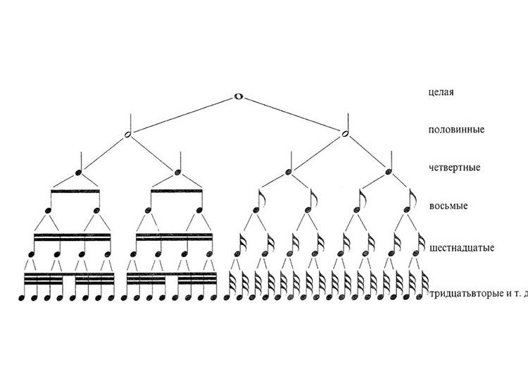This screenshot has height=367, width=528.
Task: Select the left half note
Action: [x=127, y=134]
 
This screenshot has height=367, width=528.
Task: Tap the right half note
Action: [x=345, y=134]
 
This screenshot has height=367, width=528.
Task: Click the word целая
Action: [x=440, y=92]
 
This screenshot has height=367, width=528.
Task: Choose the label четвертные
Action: [x=453, y=168]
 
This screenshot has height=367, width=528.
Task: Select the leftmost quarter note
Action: [x=79, y=172]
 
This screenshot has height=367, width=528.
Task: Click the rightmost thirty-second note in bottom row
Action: [x=425, y=297]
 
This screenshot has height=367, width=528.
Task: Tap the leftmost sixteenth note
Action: [x=32, y=254]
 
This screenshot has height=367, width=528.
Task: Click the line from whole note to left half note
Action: [x=183, y=115]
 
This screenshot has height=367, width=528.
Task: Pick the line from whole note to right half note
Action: [x=292, y=115]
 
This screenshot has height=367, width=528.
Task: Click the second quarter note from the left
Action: [x=177, y=172]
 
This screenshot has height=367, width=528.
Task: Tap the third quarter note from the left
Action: [x=289, y=172]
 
